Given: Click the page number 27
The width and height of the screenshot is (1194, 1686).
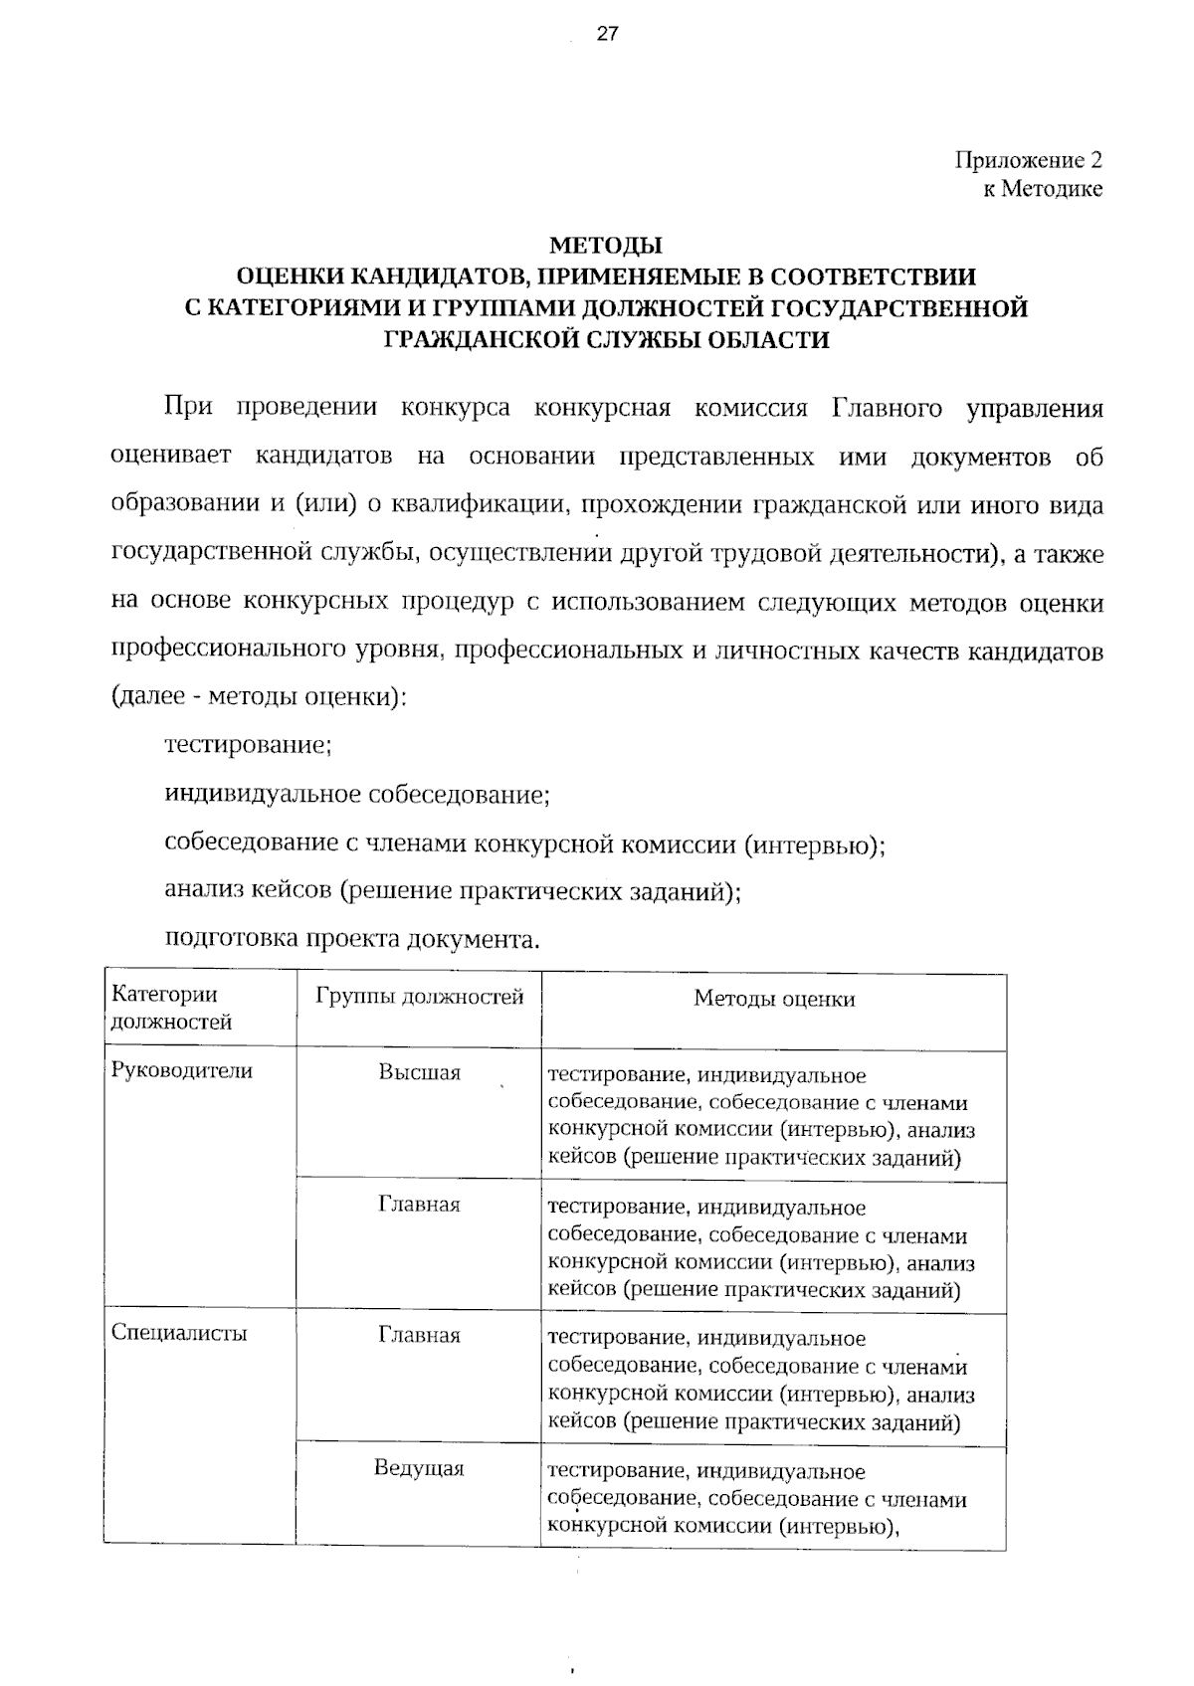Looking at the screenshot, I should [x=607, y=34].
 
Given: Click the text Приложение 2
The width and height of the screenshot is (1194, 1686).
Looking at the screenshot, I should [x=1029, y=160].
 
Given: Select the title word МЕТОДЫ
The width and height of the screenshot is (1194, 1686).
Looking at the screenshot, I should [x=606, y=245].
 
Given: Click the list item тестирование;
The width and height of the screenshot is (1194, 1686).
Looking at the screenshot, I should [x=248, y=745].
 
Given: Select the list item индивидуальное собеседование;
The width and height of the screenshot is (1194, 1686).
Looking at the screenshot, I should [x=357, y=795].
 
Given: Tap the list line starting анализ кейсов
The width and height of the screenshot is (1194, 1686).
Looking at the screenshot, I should [x=453, y=890].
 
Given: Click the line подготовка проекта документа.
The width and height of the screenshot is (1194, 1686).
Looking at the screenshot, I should [x=352, y=939].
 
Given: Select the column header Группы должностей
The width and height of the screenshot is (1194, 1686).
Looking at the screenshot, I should [x=419, y=997].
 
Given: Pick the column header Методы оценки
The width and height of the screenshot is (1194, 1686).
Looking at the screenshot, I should [x=774, y=999].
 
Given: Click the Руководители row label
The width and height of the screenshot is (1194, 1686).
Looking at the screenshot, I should [x=182, y=1071].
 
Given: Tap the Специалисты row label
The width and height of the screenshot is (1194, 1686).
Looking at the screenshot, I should [x=179, y=1333].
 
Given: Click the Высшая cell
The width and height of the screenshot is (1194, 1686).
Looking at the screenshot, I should [x=419, y=1073].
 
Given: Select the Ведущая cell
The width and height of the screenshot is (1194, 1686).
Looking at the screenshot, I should [x=419, y=1468].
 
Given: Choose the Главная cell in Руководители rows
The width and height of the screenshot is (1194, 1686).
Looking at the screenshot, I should [x=419, y=1205].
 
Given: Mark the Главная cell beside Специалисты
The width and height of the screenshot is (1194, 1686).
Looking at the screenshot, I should [x=419, y=1335].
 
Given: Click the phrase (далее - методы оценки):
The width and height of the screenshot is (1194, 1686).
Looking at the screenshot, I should [x=259, y=697].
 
